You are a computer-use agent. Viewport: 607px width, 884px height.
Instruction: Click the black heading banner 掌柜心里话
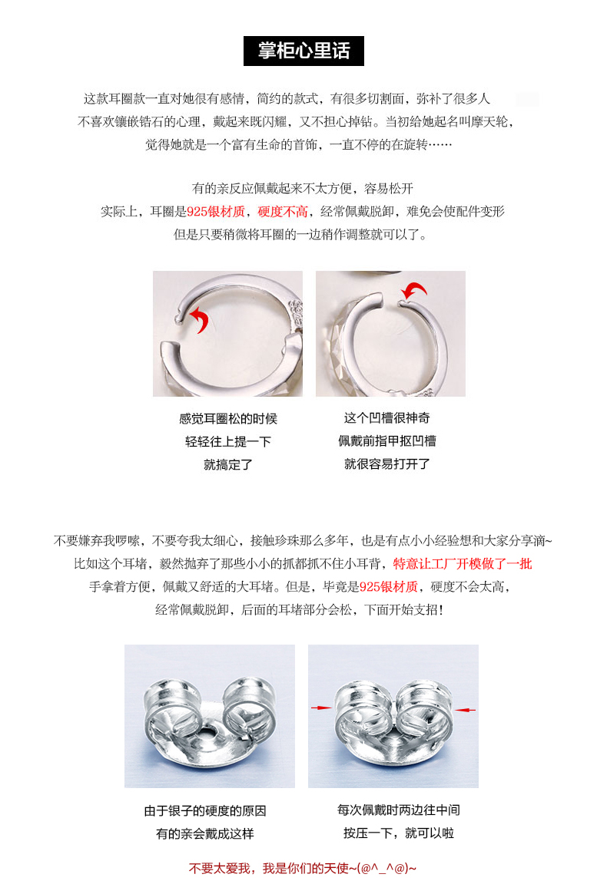[303, 51]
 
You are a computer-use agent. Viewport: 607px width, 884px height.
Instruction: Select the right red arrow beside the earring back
[466, 710]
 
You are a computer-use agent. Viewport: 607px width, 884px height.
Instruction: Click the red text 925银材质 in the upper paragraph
[216, 212]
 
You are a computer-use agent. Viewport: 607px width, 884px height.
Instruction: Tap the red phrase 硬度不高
[282, 212]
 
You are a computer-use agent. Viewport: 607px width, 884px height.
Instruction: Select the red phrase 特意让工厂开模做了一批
[463, 564]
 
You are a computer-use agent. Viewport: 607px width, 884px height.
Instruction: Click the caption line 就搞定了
[228, 464]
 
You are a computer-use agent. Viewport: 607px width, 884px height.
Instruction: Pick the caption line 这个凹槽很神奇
[386, 417]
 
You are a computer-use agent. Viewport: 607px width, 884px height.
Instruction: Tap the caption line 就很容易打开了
[386, 464]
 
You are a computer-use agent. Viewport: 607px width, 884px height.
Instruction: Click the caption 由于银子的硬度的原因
[205, 810]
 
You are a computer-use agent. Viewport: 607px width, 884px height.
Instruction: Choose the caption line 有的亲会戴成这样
[205, 833]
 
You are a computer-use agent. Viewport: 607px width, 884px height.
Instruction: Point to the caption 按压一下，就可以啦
[399, 833]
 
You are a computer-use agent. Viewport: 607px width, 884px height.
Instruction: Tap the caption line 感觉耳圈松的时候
[228, 418]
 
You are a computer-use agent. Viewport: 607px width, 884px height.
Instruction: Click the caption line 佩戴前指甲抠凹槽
[386, 441]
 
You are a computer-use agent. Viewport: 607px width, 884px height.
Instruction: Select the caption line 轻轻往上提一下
[228, 441]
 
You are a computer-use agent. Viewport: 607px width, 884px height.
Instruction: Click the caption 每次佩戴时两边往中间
[399, 810]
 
